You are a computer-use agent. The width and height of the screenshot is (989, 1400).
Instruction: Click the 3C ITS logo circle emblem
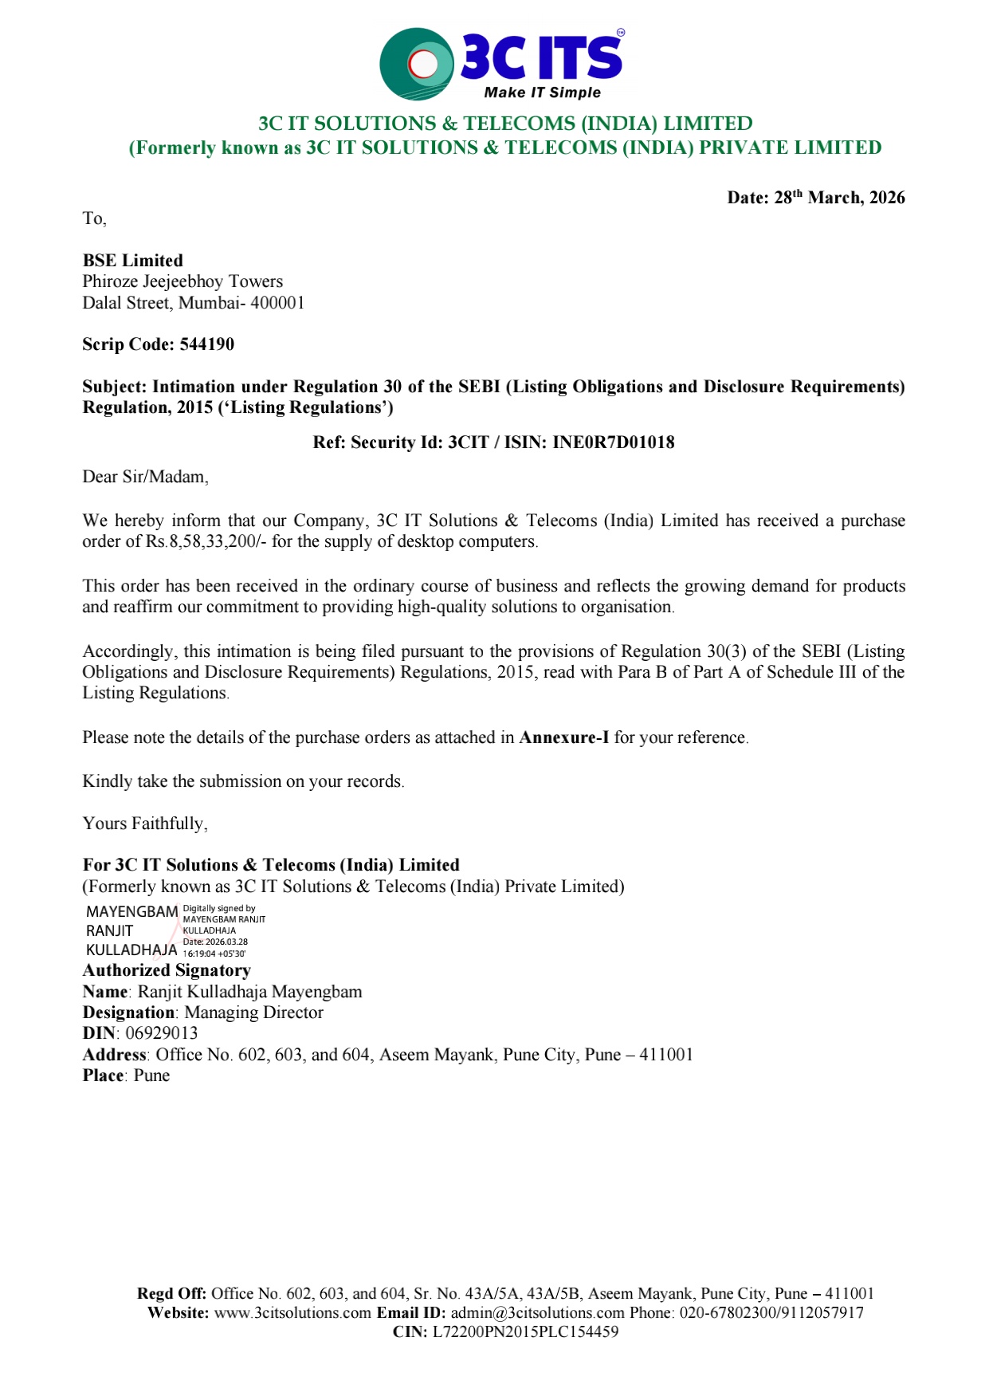click(417, 64)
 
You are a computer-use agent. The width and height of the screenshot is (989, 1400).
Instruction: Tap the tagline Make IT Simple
click(542, 92)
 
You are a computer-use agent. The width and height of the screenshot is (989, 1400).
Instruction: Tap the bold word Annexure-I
click(563, 737)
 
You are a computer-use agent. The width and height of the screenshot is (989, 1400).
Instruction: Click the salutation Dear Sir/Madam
click(145, 477)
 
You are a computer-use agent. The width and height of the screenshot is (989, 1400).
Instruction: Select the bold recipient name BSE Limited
click(133, 261)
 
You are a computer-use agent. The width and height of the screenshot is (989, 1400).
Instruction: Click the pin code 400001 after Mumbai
click(277, 303)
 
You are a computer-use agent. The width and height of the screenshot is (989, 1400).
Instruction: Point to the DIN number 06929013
click(162, 1033)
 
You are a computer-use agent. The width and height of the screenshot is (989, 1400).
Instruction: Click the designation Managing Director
click(254, 1013)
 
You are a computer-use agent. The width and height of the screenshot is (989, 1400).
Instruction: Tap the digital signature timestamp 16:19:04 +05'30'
click(214, 954)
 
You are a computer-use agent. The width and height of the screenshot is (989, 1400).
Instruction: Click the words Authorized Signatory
click(167, 970)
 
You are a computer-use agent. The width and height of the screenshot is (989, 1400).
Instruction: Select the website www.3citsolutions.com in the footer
click(292, 1312)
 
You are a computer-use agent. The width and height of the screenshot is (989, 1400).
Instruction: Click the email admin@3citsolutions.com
click(537, 1312)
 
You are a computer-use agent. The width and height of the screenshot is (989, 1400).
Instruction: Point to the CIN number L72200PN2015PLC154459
click(525, 1331)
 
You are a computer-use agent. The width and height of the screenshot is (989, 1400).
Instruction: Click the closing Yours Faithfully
click(145, 824)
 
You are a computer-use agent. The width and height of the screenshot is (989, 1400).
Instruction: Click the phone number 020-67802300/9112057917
click(771, 1312)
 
